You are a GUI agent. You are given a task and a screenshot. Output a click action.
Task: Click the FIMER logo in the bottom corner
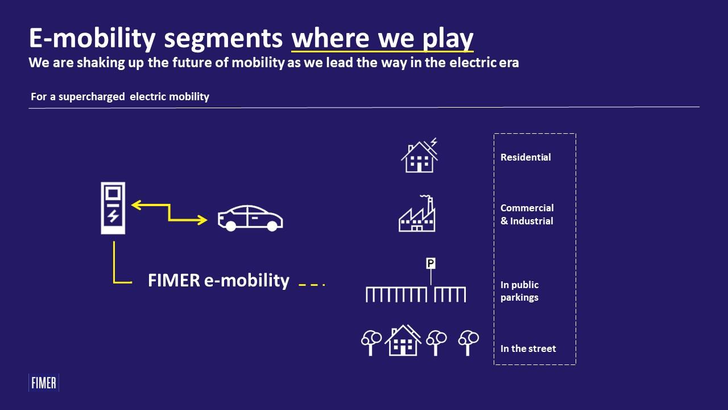pyautogui.click(x=44, y=383)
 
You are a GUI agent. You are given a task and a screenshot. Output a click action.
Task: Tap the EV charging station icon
pyautogui.click(x=113, y=208)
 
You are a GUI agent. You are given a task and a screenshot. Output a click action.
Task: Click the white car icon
pyautogui.click(x=250, y=218)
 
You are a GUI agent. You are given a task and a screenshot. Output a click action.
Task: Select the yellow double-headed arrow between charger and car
pyautogui.click(x=169, y=212)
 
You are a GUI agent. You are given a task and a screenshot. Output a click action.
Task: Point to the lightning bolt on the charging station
pyautogui.click(x=113, y=216)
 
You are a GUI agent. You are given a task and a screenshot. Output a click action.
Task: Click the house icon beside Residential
pyautogui.click(x=419, y=155)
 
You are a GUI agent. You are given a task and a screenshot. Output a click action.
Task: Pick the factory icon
pyautogui.click(x=417, y=214)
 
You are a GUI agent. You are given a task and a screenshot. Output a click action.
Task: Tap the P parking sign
pyautogui.click(x=431, y=263)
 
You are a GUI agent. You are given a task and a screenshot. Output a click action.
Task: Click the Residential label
pyautogui.click(x=526, y=157)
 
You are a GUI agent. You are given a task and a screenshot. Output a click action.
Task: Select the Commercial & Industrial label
pyautogui.click(x=527, y=215)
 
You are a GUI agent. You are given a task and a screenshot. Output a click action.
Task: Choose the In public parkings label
pyautogui.click(x=519, y=291)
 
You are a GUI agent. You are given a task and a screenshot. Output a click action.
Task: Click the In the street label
pyautogui.click(x=528, y=348)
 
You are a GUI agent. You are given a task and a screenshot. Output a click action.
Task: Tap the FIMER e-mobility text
pyautogui.click(x=218, y=280)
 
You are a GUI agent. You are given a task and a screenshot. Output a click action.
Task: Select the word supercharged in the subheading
pyautogui.click(x=92, y=97)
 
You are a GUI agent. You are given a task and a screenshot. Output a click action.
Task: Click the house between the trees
pyautogui.click(x=403, y=341)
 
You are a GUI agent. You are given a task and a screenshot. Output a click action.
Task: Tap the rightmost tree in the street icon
pyautogui.click(x=468, y=343)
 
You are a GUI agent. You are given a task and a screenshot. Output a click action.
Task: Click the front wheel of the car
pyautogui.click(x=231, y=226)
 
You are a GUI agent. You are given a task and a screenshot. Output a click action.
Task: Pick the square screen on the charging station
pyautogui.click(x=113, y=193)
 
